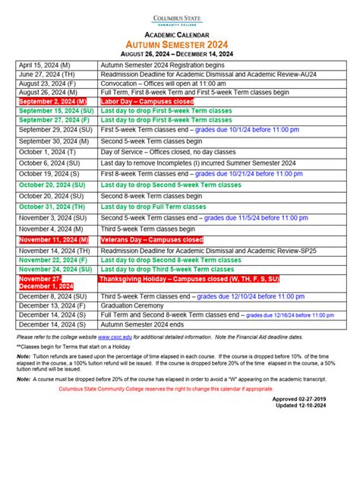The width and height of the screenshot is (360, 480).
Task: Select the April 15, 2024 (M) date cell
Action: coord(45,66)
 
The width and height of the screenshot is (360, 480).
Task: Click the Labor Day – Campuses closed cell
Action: coord(147,100)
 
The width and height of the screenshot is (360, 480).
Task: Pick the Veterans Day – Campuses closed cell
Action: coord(152,239)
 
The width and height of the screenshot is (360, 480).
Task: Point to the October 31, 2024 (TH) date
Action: coord(51,207)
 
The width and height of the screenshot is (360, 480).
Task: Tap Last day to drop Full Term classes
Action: coord(153,207)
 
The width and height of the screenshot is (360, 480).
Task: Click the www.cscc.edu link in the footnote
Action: coord(113,336)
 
